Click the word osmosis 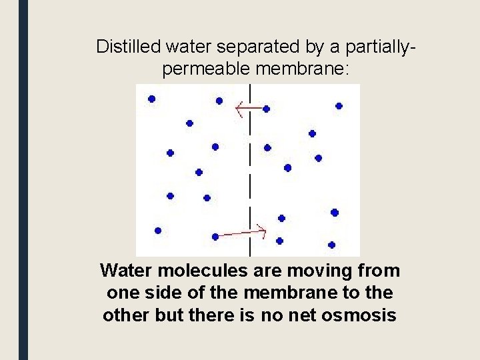361,315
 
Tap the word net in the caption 297,315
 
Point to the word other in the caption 127,315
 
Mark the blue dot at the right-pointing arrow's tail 215,237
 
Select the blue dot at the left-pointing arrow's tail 266,109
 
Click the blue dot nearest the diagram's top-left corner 152,99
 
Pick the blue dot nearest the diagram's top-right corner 339,105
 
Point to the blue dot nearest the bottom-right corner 331,245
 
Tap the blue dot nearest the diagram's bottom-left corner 158,231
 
